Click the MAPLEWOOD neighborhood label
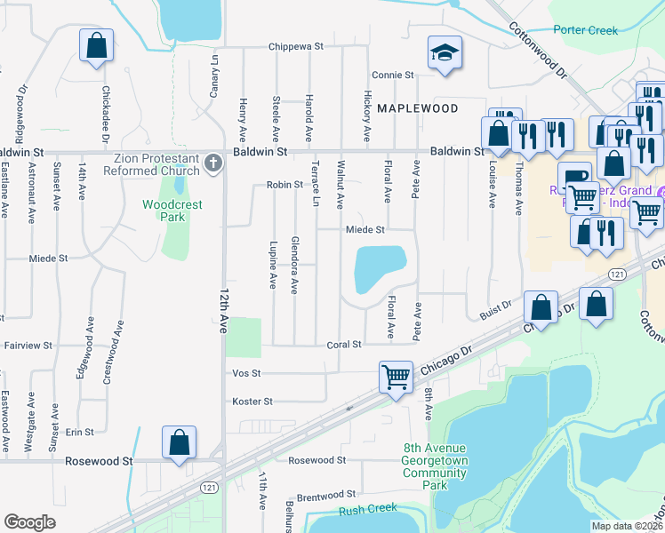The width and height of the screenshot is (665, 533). pyautogui.click(x=417, y=108)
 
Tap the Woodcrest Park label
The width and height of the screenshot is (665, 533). pyautogui.click(x=172, y=211)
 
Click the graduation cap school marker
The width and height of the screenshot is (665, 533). pyautogui.click(x=442, y=52)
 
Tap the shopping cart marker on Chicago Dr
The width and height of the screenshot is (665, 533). pyautogui.click(x=395, y=376)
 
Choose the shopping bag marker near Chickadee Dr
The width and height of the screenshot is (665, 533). pyautogui.click(x=96, y=45)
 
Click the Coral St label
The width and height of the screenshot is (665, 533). pyautogui.click(x=344, y=345)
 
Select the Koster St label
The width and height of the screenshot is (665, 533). pyautogui.click(x=252, y=402)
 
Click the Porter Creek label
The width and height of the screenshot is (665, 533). pyautogui.click(x=585, y=30)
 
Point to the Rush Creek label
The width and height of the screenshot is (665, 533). pyautogui.click(x=368, y=509)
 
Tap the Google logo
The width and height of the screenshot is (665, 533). pyautogui.click(x=29, y=522)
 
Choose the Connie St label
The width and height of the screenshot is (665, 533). pyautogui.click(x=393, y=76)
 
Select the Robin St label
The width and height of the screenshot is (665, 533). pyautogui.click(x=285, y=186)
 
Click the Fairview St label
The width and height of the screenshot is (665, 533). pyautogui.click(x=28, y=345)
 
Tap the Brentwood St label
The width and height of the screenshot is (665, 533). pyautogui.click(x=325, y=494)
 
